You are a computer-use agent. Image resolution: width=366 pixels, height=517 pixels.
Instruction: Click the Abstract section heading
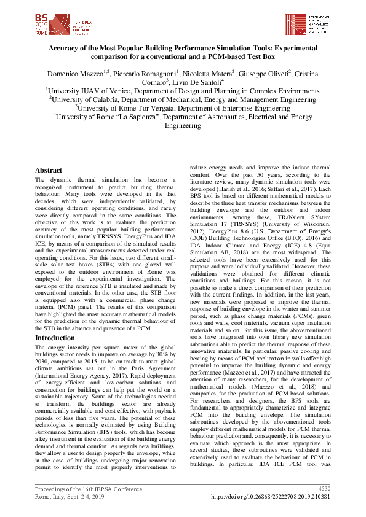[x=49, y=170]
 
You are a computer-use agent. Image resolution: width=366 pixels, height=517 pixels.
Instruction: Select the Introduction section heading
[x=55, y=338]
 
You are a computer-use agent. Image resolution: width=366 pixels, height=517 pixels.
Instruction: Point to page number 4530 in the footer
[x=324, y=488]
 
